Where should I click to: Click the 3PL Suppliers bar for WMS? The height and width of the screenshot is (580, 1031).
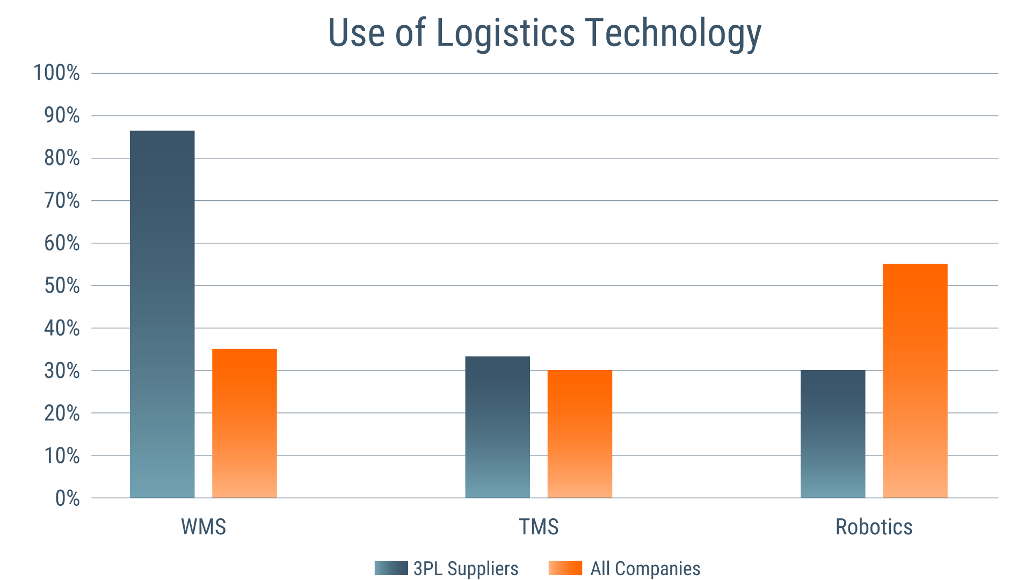pyautogui.click(x=162, y=314)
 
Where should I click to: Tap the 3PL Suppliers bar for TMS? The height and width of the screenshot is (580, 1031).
pyautogui.click(x=497, y=427)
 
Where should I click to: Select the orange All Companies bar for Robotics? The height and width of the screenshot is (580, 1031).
pyautogui.click(x=915, y=381)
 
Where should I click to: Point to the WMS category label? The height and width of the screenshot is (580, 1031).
pyautogui.click(x=204, y=527)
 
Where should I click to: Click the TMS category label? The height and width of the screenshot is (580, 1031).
pyautogui.click(x=539, y=527)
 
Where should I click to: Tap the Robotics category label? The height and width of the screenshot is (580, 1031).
pyautogui.click(x=874, y=527)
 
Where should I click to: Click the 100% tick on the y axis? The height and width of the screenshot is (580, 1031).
pyautogui.click(x=57, y=73)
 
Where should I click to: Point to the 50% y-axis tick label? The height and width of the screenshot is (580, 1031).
pyautogui.click(x=62, y=286)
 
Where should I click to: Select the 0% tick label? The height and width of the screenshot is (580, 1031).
pyautogui.click(x=67, y=498)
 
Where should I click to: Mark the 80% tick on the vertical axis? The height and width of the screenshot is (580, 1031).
pyautogui.click(x=62, y=158)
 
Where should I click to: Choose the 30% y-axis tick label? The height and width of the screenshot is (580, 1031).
pyautogui.click(x=62, y=371)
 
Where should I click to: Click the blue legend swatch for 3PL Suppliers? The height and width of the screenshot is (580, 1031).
pyautogui.click(x=391, y=568)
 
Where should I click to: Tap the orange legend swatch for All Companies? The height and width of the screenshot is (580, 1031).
pyautogui.click(x=565, y=568)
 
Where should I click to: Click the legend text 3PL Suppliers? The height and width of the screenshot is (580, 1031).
pyautogui.click(x=466, y=568)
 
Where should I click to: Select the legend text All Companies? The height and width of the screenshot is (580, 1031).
pyautogui.click(x=645, y=568)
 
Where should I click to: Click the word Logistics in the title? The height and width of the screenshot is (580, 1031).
pyautogui.click(x=506, y=33)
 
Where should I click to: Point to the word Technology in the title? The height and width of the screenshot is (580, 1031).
pyautogui.click(x=673, y=33)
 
